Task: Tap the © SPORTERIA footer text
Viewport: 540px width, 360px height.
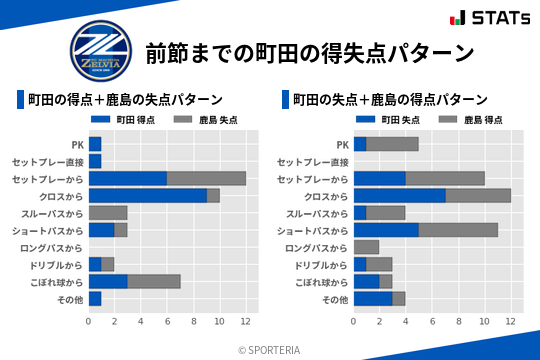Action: click(x=270, y=349)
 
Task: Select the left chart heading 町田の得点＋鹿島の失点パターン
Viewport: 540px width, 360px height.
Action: click(x=124, y=100)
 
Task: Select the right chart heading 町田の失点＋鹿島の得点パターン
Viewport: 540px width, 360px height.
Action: click(x=390, y=100)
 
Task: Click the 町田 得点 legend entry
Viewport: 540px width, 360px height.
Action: click(x=130, y=119)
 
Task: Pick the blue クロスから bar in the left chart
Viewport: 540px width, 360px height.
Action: click(x=148, y=195)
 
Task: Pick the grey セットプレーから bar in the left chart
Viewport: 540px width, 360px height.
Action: click(x=206, y=178)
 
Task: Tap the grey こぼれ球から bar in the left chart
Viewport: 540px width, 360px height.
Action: click(x=154, y=281)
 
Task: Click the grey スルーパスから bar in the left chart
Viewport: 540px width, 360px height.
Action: click(x=108, y=212)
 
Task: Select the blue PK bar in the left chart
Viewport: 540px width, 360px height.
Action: click(x=95, y=144)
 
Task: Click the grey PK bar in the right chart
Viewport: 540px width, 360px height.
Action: click(x=392, y=144)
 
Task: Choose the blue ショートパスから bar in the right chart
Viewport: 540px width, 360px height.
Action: click(x=386, y=229)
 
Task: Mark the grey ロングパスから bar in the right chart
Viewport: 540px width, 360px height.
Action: click(x=366, y=247)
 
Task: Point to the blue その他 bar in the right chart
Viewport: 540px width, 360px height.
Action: click(x=373, y=298)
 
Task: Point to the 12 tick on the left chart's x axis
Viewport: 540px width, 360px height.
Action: click(x=245, y=321)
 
